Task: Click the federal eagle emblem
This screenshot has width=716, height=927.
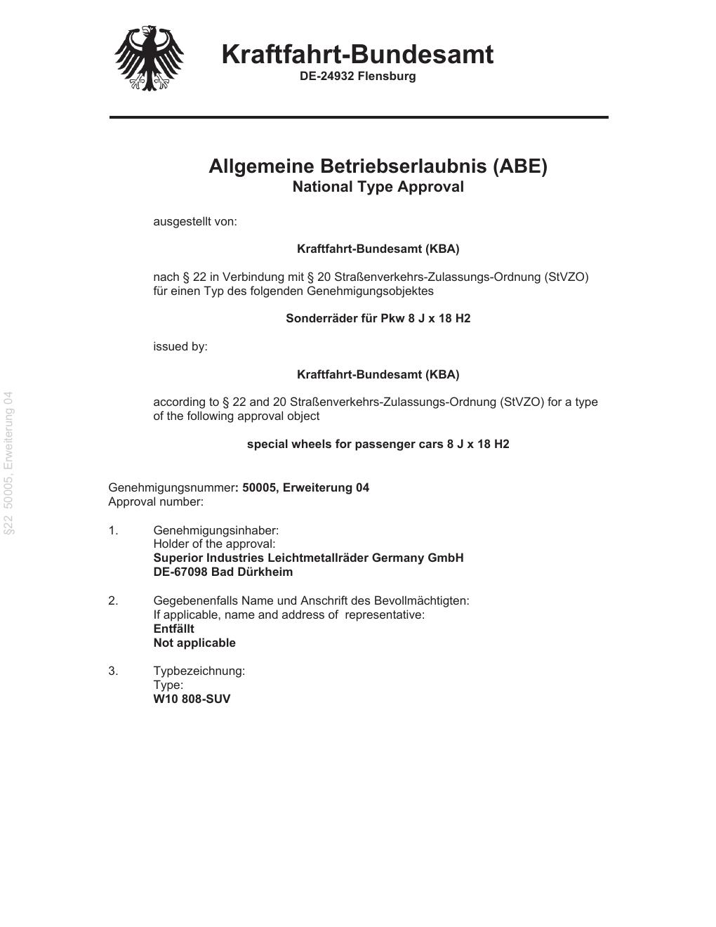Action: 149,58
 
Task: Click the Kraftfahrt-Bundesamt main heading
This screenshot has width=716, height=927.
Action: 357,54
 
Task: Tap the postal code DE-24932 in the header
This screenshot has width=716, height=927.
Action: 327,76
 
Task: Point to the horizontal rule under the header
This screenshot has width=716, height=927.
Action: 359,117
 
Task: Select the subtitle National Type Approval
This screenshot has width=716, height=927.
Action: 378,187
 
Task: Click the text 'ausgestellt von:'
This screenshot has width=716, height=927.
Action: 195,222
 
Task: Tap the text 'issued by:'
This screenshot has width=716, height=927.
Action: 180,346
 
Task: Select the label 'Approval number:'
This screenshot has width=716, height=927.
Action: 156,501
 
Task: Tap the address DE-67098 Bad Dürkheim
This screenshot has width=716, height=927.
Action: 223,572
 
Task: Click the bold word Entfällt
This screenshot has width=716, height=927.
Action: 173,629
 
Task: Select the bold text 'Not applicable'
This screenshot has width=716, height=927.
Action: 194,643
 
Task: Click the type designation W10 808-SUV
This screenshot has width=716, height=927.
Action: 192,699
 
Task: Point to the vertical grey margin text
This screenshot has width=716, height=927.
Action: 8,463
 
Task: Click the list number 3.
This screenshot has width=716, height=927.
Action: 113,671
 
